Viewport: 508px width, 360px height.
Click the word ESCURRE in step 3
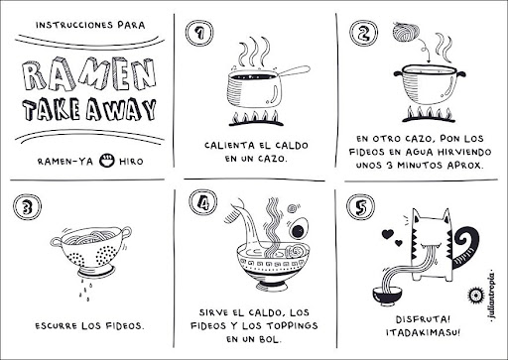[x=56, y=325]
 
